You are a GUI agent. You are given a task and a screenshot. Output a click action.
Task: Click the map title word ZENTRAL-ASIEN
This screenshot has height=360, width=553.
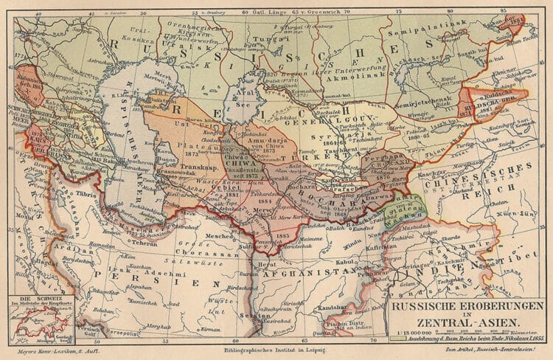pos(468,321)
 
